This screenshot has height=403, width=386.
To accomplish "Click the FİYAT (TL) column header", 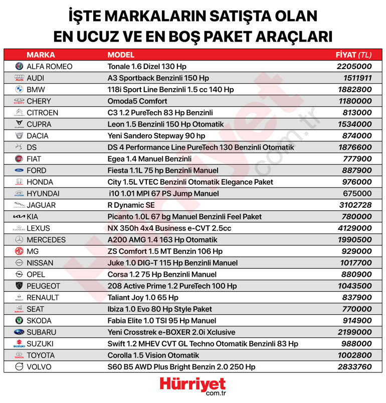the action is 353,55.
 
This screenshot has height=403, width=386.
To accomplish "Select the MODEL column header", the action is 121,55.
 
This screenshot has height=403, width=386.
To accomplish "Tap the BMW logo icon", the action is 19,90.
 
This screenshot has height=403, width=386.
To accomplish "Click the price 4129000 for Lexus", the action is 353,228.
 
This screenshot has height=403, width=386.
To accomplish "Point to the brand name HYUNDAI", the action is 43,194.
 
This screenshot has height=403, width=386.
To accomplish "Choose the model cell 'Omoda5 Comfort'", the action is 137,101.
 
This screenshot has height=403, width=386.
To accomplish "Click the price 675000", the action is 355,194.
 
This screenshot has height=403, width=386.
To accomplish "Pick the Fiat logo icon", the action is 19,159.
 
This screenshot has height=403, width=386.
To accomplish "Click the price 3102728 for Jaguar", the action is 353,205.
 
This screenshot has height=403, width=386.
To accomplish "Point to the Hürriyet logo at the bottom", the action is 192,386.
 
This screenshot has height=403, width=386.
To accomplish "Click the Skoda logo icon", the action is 19,320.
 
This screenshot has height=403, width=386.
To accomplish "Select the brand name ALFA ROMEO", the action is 49,67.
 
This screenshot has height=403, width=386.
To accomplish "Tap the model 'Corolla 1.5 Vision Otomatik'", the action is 153,355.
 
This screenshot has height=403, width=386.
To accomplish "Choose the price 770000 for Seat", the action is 355,309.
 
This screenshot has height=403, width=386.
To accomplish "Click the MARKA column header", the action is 41,55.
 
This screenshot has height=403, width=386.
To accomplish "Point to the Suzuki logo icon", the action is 19,344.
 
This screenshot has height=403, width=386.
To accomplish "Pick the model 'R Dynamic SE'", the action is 131,205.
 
